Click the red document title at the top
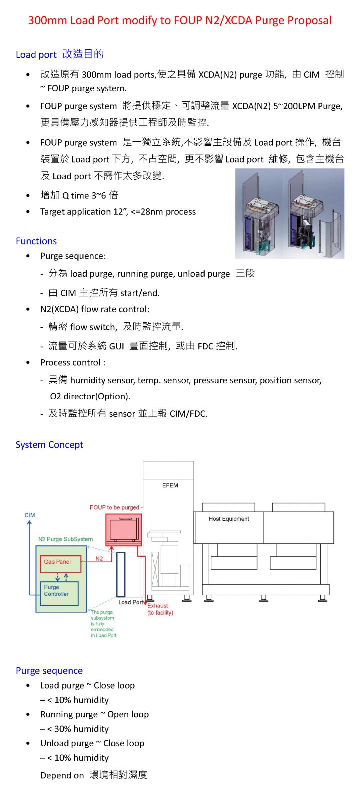point(180,20)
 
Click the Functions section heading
point(36,241)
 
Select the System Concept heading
point(49,445)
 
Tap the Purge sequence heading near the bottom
point(49,671)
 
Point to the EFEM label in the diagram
point(170,485)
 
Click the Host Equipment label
point(229,519)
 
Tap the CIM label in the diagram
point(30,515)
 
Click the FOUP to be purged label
point(114,507)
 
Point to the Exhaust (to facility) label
point(160,609)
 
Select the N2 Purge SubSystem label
point(65,539)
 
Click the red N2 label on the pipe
point(99,559)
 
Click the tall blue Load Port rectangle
point(121,574)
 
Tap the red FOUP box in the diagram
point(123,530)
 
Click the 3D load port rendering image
point(290,214)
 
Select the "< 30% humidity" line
point(78,729)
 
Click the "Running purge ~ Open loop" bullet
point(94,714)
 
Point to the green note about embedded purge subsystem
point(103,624)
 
